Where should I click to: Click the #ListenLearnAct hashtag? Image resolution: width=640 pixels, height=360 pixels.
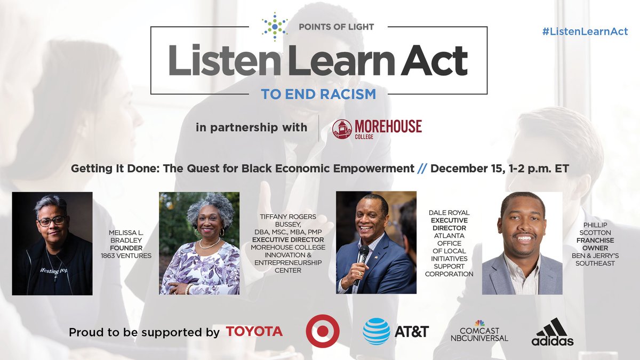click(x=585, y=31)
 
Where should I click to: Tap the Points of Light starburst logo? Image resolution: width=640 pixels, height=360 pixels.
click(x=275, y=26)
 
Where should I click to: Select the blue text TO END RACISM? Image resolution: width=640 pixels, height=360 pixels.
click(x=318, y=94)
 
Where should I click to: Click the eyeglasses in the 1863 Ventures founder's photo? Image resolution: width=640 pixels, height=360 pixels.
click(x=52, y=219)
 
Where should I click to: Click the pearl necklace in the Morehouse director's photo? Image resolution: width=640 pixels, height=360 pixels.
click(x=209, y=244)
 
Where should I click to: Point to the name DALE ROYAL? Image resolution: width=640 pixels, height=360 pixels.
click(x=449, y=213)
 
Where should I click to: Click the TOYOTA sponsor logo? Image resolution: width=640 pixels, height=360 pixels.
click(x=254, y=332)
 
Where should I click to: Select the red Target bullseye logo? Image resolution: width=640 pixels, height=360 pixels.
click(x=323, y=331)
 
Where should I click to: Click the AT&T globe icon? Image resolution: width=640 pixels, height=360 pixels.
click(x=376, y=331)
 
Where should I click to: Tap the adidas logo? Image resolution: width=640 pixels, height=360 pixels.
click(x=552, y=332)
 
